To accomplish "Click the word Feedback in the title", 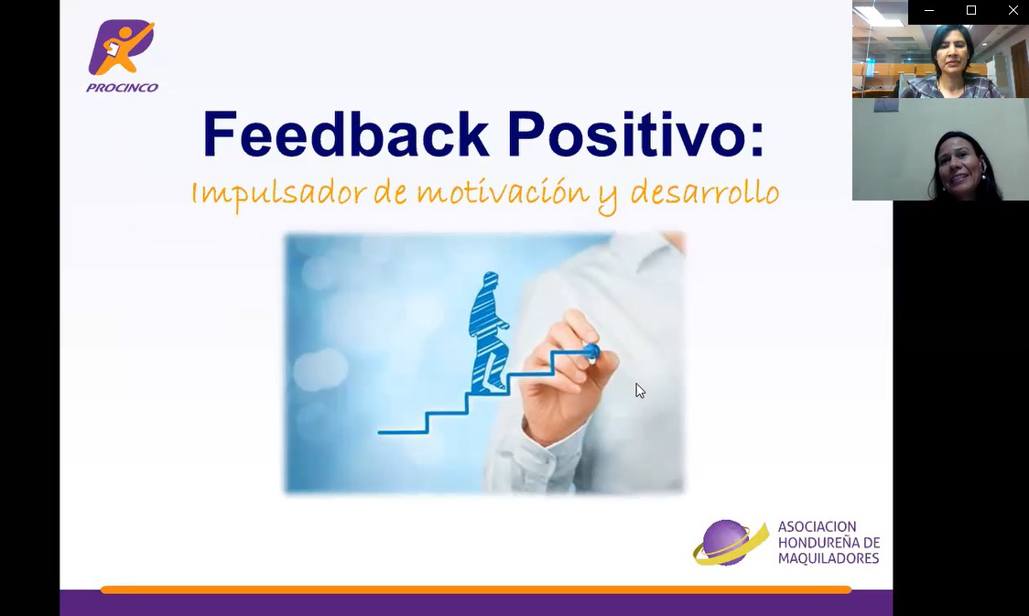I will click(x=346, y=135).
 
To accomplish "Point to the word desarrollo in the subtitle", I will click(x=705, y=193).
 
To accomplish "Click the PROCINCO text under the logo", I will click(x=122, y=88).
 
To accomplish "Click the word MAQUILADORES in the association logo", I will click(x=828, y=558).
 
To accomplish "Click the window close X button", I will click(x=1013, y=11).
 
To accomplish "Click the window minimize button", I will click(x=929, y=11).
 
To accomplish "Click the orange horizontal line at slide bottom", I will click(x=476, y=589).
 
